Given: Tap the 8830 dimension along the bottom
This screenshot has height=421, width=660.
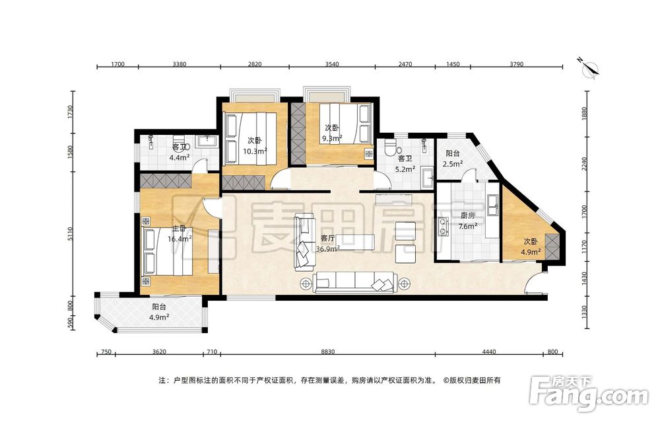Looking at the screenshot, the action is [327, 352].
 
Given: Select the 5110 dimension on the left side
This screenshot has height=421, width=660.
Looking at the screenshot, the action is [71, 235].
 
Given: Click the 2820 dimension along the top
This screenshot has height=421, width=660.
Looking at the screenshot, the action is [254, 64].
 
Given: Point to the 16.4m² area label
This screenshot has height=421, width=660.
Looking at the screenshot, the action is [180, 239].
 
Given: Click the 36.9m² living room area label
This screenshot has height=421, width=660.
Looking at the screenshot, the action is [328, 249].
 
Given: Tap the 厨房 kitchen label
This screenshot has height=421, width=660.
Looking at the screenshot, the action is [467, 215].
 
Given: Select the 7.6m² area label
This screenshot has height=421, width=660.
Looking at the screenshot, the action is [467, 226].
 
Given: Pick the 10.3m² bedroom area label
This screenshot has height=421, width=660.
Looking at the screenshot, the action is [255, 151].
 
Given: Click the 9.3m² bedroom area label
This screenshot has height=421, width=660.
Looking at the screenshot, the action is [332, 138].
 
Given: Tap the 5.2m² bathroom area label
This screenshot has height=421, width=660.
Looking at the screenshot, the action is [406, 169].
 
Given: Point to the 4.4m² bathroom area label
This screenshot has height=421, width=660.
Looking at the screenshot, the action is [180, 157].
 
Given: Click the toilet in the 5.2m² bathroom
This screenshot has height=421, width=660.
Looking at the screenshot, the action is [391, 146].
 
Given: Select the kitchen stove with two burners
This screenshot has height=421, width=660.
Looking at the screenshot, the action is [444, 225].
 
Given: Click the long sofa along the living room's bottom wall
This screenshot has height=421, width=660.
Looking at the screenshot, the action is [355, 282].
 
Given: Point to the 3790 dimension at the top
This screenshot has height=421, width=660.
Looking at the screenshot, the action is [517, 64].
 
